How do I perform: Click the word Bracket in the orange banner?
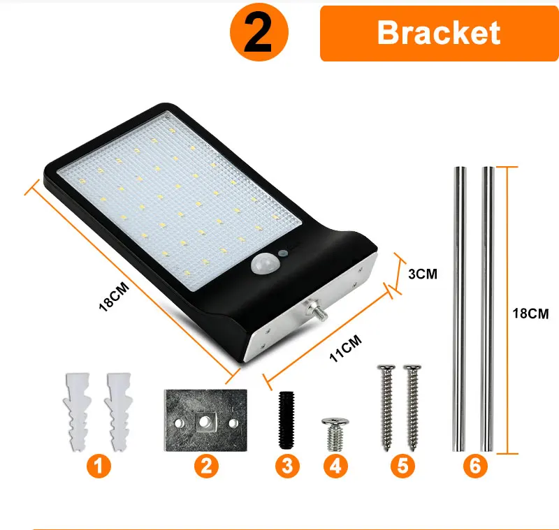439,33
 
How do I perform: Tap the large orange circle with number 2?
259,32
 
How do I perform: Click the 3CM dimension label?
423,274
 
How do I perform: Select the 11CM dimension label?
345,348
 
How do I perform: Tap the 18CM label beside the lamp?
114,297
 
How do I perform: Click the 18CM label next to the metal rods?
530,314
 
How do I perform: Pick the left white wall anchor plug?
78,412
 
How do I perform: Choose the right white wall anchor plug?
119,412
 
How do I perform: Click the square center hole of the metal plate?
205,422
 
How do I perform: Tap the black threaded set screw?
286,420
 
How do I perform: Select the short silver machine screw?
335,434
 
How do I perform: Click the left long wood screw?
387,408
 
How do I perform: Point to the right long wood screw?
413,408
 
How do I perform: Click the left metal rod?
459,309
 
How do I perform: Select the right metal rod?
487,309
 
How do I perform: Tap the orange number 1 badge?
99,466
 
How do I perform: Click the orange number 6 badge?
475,466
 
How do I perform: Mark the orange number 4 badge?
335,466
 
